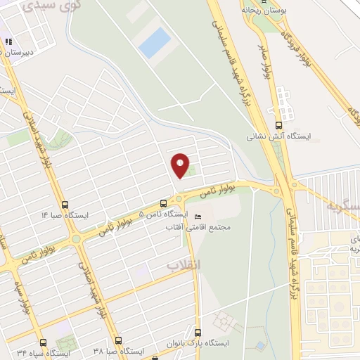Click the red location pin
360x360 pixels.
click(x=181, y=165)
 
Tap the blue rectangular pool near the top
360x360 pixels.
click(x=154, y=43)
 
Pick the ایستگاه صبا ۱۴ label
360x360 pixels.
click(x=65, y=214)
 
